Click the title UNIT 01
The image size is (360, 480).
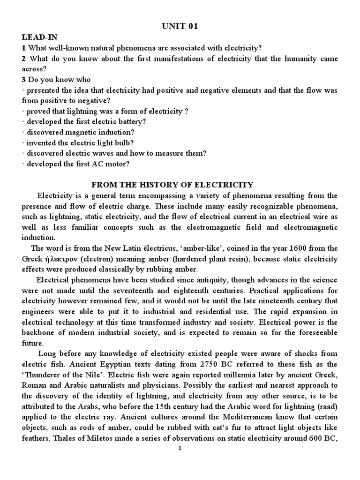click(180, 27)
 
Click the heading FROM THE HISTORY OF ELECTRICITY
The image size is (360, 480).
click(180, 185)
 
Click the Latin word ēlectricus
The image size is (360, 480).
click(163, 248)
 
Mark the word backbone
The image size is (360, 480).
click(44, 332)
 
